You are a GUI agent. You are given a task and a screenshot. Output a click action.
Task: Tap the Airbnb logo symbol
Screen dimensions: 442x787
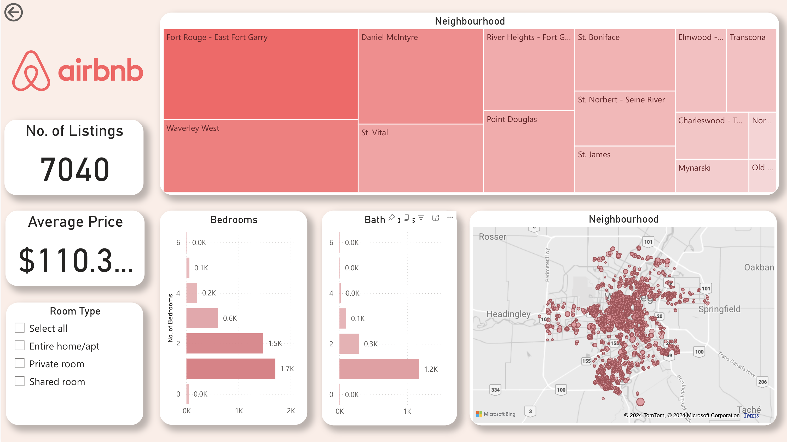pyautogui.click(x=31, y=71)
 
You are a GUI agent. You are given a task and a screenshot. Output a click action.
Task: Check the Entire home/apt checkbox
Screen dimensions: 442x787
pyautogui.click(x=20, y=346)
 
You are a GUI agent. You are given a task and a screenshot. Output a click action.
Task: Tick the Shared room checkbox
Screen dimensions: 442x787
pyautogui.click(x=20, y=381)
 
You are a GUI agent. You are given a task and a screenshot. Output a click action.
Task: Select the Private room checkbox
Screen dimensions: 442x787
pyautogui.click(x=20, y=363)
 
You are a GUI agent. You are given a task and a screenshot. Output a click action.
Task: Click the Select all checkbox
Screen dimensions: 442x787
pyautogui.click(x=20, y=328)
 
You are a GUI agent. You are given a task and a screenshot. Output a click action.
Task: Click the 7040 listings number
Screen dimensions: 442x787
pyautogui.click(x=75, y=169)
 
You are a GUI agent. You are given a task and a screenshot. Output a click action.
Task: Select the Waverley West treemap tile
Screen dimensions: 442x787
pyautogui.click(x=260, y=156)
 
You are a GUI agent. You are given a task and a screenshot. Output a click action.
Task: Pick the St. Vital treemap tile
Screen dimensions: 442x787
pyautogui.click(x=420, y=158)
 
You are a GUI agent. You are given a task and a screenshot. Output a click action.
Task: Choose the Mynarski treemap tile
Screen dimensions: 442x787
pyautogui.click(x=711, y=176)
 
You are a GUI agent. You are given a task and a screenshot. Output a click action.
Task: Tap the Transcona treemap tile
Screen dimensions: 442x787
pyautogui.click(x=751, y=70)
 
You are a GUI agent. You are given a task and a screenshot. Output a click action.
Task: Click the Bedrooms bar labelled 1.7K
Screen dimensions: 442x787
pyautogui.click(x=231, y=369)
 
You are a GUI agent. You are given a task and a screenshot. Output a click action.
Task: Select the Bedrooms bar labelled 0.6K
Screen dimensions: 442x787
pyautogui.click(x=202, y=318)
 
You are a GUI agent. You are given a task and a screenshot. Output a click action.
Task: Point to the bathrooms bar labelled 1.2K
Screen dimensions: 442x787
pyautogui.click(x=379, y=369)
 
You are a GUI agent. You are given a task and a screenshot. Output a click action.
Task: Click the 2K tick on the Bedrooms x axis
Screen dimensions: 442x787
pyautogui.click(x=291, y=411)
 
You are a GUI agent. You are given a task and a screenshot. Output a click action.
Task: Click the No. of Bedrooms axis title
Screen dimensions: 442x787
pyautogui.click(x=170, y=318)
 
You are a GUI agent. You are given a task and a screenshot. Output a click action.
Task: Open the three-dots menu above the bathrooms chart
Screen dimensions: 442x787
pyautogui.click(x=450, y=218)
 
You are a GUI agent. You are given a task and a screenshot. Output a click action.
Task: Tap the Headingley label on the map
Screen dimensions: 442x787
pyautogui.click(x=508, y=314)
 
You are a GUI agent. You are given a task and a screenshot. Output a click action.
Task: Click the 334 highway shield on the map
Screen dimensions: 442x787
pyautogui.click(x=495, y=390)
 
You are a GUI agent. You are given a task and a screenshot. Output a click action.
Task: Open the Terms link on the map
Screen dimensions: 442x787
pyautogui.click(x=751, y=415)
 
